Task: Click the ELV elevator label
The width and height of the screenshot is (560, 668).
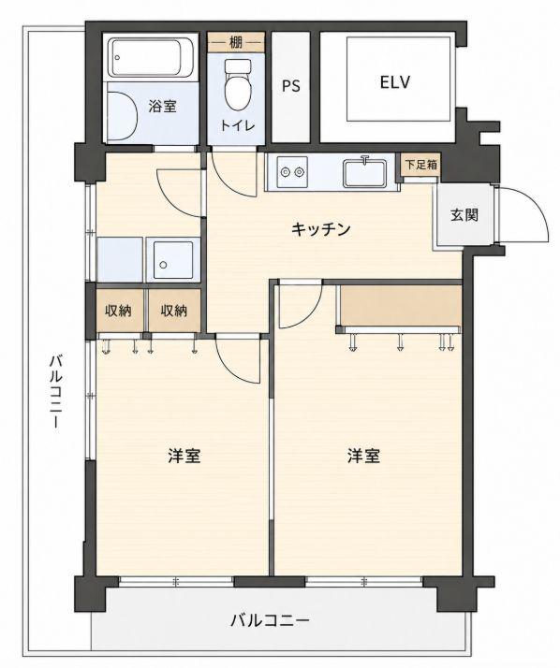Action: point(395,81)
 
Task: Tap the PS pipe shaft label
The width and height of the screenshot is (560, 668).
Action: point(291,86)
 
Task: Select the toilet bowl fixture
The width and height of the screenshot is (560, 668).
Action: point(238,84)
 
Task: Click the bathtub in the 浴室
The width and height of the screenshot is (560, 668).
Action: point(150,58)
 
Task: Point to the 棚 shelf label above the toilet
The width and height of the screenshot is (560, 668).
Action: point(236,43)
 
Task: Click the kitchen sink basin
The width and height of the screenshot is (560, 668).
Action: point(364,172)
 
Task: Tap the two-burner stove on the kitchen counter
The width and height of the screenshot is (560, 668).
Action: point(292,172)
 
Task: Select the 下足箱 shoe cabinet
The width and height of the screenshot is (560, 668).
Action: point(421,165)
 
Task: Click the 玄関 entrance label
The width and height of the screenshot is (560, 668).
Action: point(464,215)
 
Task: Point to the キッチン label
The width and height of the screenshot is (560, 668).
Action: point(321,229)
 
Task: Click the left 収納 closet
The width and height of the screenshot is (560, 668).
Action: point(119,311)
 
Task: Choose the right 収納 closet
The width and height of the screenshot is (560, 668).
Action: point(174,311)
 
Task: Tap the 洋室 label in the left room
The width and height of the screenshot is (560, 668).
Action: point(184,456)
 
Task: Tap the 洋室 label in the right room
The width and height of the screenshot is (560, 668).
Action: point(363,456)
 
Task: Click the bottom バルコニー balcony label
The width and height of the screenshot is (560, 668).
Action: point(270,620)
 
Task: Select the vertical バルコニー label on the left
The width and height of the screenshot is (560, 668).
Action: point(56,391)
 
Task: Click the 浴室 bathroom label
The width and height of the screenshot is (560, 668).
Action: point(163,106)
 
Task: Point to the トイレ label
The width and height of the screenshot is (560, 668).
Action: point(238,125)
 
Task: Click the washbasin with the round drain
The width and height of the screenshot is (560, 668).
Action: point(172,260)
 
